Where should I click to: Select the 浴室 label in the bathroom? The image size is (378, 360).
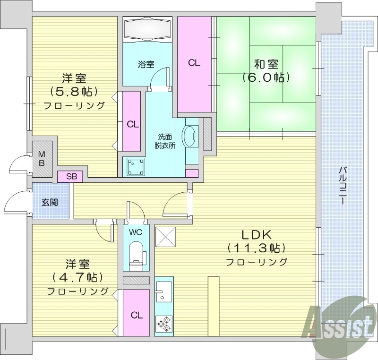point(146,65)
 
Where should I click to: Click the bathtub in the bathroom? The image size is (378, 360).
point(146,29)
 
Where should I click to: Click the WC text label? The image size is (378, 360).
point(136,232)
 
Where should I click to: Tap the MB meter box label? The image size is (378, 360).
point(42,159)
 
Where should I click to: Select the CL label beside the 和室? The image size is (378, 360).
point(193,62)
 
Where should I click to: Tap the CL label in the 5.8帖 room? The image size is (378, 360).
point(132,124)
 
